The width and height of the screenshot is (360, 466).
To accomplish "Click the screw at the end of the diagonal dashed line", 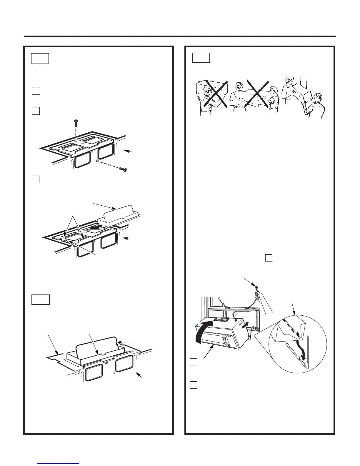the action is (123, 169).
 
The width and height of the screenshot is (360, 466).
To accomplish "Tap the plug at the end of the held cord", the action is (256, 287).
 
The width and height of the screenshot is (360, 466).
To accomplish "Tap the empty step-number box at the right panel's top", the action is (201, 58).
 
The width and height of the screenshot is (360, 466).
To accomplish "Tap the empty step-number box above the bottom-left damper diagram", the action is (41, 299).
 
